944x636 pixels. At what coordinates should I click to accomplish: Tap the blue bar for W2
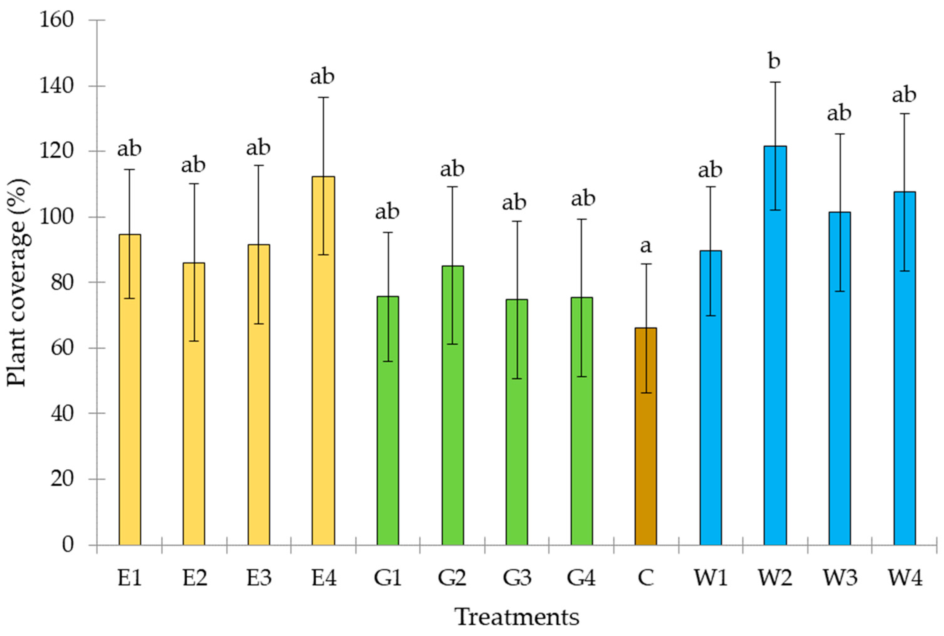tap(775, 345)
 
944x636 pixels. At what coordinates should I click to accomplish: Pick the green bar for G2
tap(452, 406)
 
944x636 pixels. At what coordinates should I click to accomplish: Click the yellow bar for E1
tap(130, 389)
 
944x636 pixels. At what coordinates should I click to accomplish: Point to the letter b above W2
tap(774, 61)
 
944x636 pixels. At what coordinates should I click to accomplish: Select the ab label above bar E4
tap(322, 77)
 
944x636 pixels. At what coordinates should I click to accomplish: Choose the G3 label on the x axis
tap(517, 578)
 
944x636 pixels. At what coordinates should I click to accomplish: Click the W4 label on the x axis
tap(905, 578)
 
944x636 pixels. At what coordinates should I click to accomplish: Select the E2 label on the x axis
tap(194, 578)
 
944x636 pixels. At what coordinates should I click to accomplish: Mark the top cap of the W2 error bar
tap(775, 82)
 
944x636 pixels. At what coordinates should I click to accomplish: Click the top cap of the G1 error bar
tap(388, 232)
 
